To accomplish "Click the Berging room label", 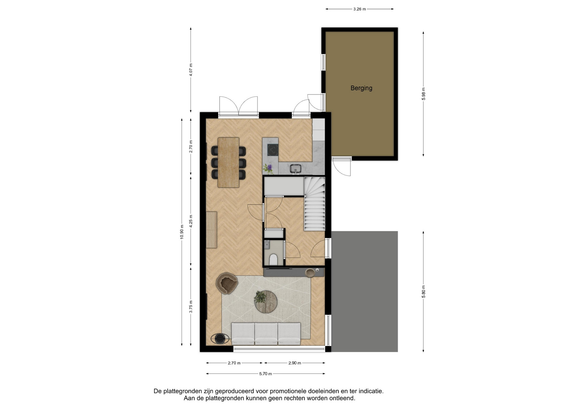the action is tap(361, 88).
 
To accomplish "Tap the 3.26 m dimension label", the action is tap(359, 9).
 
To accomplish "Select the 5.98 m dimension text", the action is tap(423, 94).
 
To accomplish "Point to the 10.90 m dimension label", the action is tap(182, 232).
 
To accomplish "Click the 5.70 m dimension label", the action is tap(265, 374).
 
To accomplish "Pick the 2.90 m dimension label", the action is tap(295, 363).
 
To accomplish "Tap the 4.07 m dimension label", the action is tap(191, 70).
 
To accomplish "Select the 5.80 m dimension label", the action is tap(423, 292).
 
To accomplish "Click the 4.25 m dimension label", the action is tap(191, 221).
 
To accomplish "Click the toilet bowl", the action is tap(274, 259).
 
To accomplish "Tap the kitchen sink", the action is tap(296, 169).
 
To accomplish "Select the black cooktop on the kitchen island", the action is tap(273, 150).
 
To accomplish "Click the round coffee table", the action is tap(266, 302).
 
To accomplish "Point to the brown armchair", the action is tap(226, 283).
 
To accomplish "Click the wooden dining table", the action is tap(228, 162).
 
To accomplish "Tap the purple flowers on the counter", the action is tap(268, 168).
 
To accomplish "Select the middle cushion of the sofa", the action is tap(266, 333).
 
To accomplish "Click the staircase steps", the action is tap(315, 204).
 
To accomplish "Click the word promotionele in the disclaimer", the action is tap(288, 391).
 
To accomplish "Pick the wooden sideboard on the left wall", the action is tap(211, 230).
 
